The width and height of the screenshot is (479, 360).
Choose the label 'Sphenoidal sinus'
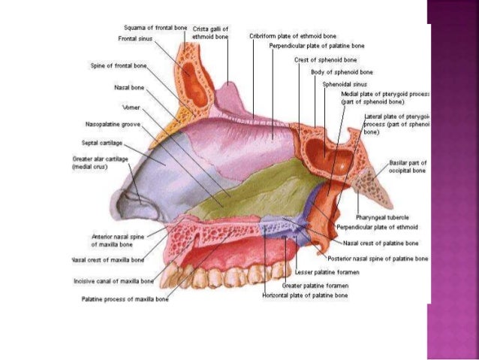[x=344, y=85]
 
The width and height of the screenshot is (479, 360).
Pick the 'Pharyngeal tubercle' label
[x=382, y=216]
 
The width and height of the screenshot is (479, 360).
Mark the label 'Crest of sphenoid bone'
[x=325, y=59]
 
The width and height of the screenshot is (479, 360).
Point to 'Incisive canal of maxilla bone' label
[x=114, y=281]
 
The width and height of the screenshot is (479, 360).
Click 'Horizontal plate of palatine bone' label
[x=305, y=296]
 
